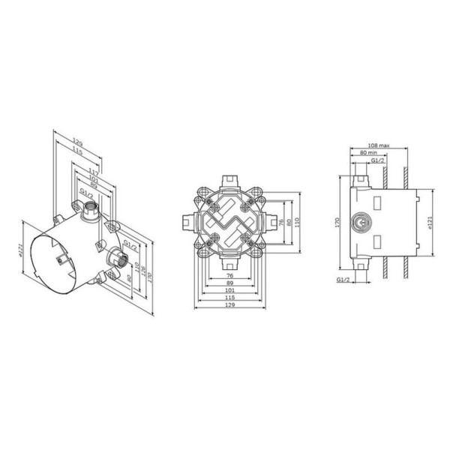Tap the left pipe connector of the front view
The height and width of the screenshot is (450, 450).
[186, 222]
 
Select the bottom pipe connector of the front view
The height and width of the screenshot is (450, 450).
[229, 265]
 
